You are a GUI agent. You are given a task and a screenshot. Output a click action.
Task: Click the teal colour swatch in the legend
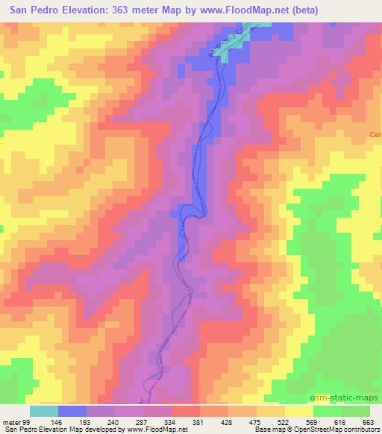pyautogui.click(x=43, y=412)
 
